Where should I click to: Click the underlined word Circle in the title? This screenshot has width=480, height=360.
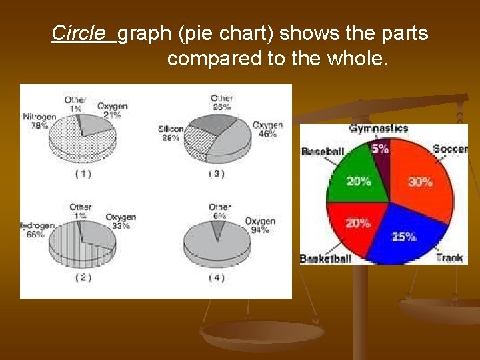(78, 33)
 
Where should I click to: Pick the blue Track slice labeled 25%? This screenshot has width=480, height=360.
(407, 233)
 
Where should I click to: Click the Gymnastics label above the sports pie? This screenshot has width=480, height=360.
(379, 128)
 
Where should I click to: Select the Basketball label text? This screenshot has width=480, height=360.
(325, 259)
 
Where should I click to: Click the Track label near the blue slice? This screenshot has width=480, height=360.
(449, 258)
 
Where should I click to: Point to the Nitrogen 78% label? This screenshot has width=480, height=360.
(39, 121)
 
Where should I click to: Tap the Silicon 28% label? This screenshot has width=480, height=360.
(171, 133)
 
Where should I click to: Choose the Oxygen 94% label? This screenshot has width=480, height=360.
(259, 225)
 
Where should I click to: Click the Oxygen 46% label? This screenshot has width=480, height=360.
(267, 129)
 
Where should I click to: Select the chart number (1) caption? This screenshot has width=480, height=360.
(83, 173)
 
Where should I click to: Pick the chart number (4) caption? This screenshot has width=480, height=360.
(217, 277)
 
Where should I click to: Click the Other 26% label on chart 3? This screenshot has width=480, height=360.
(221, 103)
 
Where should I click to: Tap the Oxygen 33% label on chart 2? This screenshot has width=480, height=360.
(121, 221)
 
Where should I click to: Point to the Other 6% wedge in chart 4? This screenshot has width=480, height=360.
(218, 229)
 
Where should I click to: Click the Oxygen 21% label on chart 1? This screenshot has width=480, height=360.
(112, 110)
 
